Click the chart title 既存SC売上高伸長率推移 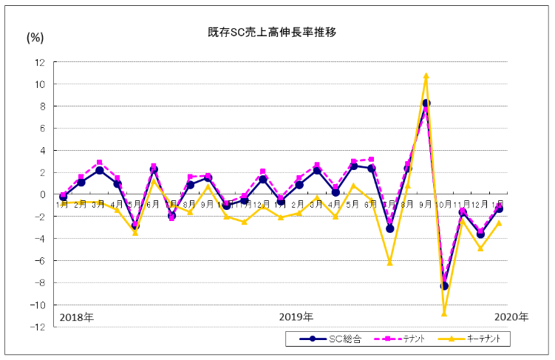(x=273, y=33)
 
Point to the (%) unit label (x=35, y=38)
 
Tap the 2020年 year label (x=511, y=317)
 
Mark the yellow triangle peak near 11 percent (x=426, y=75)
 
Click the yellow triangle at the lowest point (x=445, y=313)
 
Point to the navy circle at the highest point (x=426, y=103)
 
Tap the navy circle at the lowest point (x=445, y=286)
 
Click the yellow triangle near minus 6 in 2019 (x=389, y=262)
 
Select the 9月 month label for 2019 (x=426, y=203)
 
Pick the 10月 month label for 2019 (x=445, y=203)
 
